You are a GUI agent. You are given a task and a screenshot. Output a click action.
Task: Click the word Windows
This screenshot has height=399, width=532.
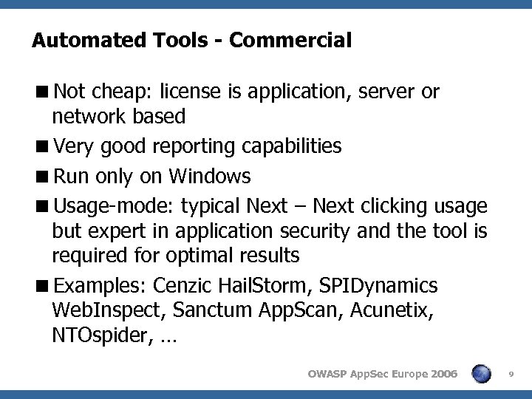210,177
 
